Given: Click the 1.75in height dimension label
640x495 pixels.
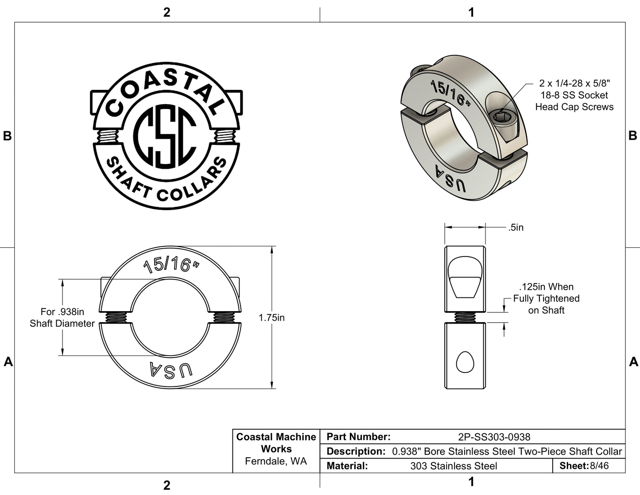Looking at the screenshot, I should (272, 318).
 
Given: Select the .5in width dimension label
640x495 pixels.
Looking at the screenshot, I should (516, 227).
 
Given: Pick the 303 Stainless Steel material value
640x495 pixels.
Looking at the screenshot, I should (454, 466).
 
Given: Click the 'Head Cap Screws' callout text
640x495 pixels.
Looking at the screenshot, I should (574, 107).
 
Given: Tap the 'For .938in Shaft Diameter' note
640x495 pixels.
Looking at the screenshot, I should (62, 318).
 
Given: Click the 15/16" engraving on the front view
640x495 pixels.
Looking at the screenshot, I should (171, 265).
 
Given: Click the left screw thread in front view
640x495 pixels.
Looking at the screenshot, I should (117, 317).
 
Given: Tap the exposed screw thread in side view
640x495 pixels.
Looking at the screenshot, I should (465, 317).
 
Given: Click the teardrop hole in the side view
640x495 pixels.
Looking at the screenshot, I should (465, 362).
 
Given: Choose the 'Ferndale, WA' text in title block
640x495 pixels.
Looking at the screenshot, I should (276, 461).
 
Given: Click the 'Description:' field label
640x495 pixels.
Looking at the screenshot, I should (356, 452).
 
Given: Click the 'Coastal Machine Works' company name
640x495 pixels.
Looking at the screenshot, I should (276, 443).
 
